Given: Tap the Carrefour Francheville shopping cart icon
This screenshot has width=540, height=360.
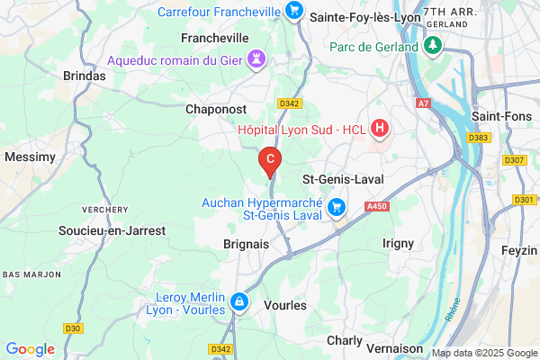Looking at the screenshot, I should (x=294, y=11).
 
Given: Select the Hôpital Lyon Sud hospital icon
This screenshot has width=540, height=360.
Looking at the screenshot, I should (x=380, y=129).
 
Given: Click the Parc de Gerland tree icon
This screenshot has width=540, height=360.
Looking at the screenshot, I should (x=433, y=45).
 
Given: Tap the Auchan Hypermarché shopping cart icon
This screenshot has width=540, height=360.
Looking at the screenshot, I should (x=337, y=208).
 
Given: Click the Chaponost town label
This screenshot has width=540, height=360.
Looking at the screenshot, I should (x=216, y=109).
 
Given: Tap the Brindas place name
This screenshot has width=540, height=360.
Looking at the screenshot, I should (x=85, y=76).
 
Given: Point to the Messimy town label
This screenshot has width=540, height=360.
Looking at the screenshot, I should (x=30, y=157).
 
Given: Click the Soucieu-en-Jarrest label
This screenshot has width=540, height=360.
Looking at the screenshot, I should (x=111, y=230).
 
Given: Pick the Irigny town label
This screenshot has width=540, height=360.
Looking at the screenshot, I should (x=398, y=244).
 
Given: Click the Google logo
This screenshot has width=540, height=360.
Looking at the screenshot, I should (x=31, y=349).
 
